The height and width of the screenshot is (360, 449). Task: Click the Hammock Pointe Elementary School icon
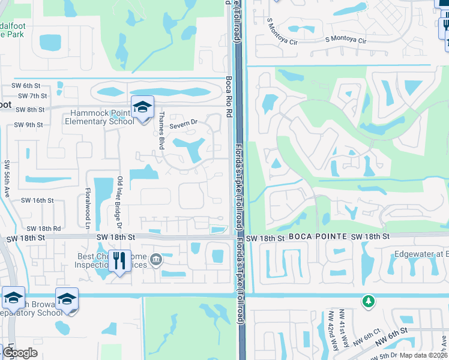(142, 107)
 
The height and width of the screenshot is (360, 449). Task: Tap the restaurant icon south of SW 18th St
(119, 260)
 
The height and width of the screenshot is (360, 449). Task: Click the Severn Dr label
(183, 124)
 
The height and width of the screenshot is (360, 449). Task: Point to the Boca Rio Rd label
(229, 97)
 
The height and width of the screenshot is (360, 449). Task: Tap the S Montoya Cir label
(345, 41)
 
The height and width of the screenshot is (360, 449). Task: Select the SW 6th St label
(33, 86)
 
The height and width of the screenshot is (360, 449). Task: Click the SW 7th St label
(32, 96)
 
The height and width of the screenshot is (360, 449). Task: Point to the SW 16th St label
(37, 200)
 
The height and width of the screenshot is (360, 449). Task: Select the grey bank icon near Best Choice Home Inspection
(156, 259)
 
